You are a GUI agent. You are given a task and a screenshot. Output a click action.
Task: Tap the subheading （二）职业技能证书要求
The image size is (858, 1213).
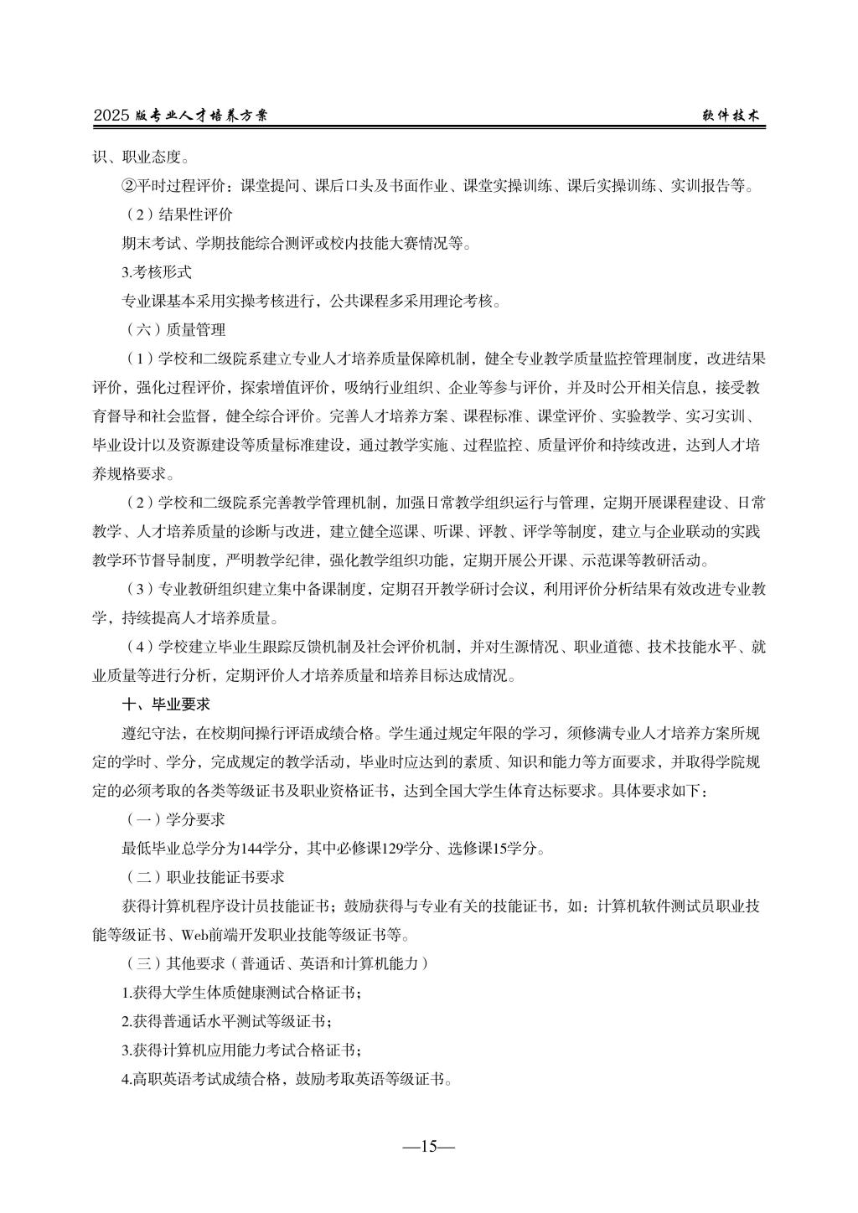pyautogui.click(x=204, y=877)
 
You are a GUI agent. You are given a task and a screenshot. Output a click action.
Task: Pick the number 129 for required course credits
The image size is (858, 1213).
pyautogui.click(x=393, y=849)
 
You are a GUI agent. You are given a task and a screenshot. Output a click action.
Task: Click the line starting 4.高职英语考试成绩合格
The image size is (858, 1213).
pyautogui.click(x=287, y=1079)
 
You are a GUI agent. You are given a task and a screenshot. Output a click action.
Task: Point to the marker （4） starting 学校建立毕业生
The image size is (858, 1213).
pyautogui.click(x=139, y=647)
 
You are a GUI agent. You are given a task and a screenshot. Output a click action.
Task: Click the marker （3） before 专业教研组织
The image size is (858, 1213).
pyautogui.click(x=139, y=590)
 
